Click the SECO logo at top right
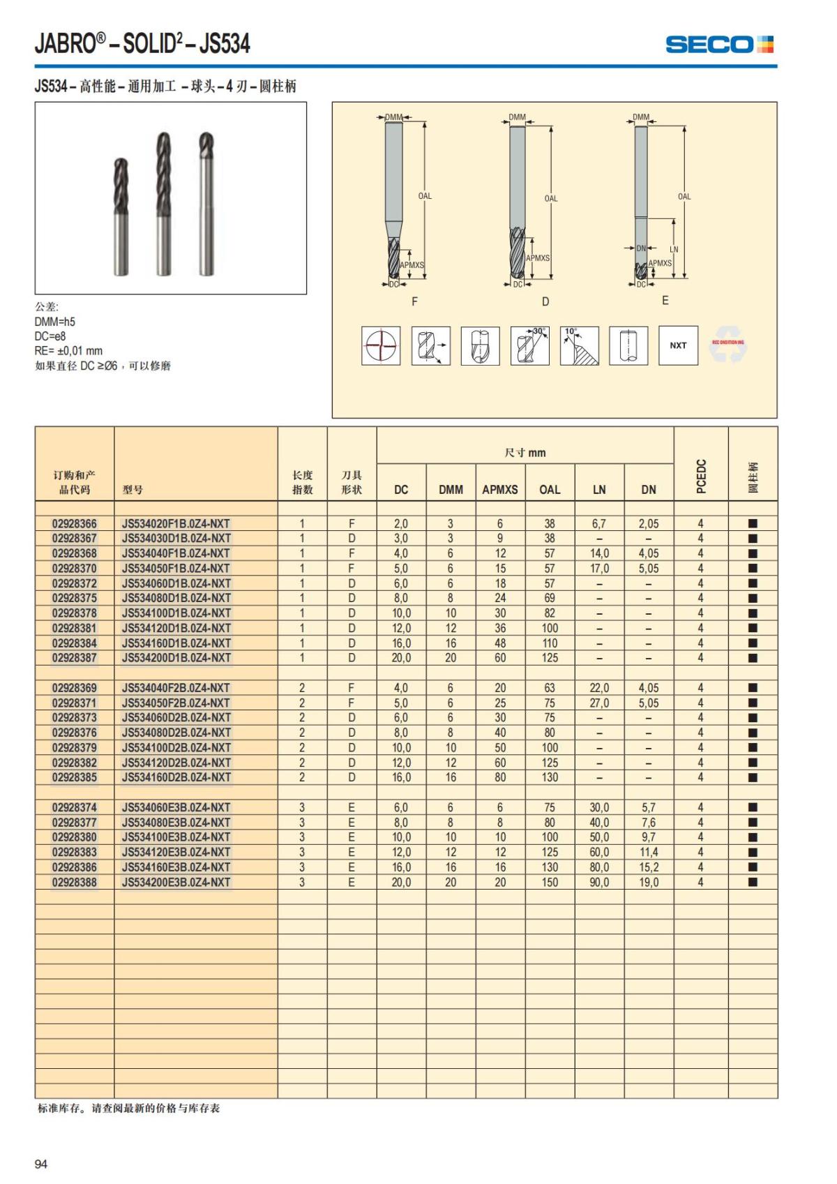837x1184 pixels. point(719,45)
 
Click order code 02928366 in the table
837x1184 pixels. point(75,523)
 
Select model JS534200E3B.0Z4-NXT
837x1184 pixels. point(176,882)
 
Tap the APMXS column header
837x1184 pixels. point(500,490)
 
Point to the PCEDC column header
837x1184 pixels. point(701,476)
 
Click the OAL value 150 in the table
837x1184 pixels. point(550,882)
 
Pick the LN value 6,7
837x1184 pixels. point(599,523)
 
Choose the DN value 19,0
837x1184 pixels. point(649,882)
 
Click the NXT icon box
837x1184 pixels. point(678,345)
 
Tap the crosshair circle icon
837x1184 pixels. point(381,345)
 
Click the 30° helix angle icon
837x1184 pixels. point(530,345)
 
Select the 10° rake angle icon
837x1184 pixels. point(580,345)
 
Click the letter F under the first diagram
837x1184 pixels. point(415,301)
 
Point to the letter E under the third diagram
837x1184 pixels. point(665,300)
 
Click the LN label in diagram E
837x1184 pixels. point(674,249)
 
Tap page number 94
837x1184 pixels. point(41,1164)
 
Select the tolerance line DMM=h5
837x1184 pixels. point(55,322)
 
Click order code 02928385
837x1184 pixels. point(75,777)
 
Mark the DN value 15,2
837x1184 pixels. point(649,867)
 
